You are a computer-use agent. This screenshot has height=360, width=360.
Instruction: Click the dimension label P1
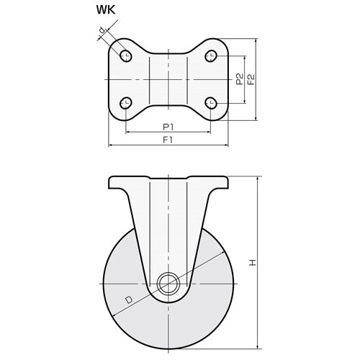tap(168, 127)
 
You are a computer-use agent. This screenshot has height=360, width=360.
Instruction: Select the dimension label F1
tap(168, 140)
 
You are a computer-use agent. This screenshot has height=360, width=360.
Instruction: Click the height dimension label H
tap(251, 264)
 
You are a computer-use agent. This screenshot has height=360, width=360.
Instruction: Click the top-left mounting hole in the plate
tap(127, 55)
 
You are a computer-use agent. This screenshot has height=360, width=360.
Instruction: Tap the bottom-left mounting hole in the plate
tap(127, 102)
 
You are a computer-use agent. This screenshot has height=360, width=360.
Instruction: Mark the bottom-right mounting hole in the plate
tap(210, 102)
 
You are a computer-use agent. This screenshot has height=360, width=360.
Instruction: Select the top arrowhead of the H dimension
tap(257, 179)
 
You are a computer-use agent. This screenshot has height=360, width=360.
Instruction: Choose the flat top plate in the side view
tap(168, 179)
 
